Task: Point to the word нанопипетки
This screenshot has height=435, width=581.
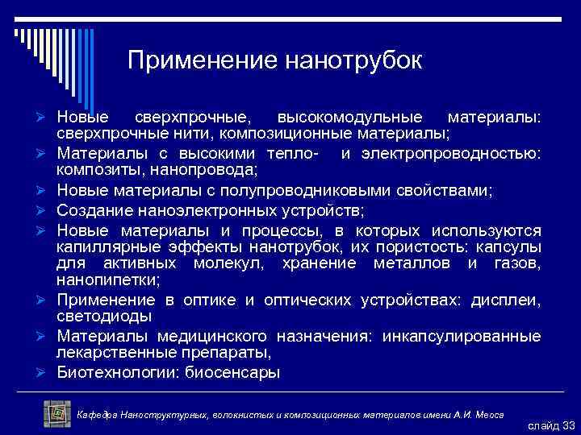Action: coord(108,280)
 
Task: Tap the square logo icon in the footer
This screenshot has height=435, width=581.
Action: coord(57,413)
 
